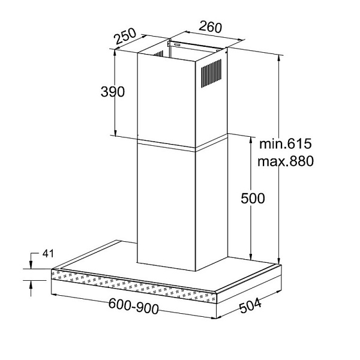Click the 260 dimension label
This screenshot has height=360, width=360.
point(211,27)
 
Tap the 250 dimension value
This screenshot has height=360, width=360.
point(125,36)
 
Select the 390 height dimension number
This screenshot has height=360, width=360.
point(113,92)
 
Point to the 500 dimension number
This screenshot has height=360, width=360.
point(253,198)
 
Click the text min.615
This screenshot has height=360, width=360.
point(286,144)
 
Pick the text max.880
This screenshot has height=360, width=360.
point(286,161)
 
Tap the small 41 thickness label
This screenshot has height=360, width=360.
point(48,253)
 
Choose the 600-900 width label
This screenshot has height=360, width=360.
point(133,306)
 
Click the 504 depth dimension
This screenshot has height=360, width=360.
point(250,305)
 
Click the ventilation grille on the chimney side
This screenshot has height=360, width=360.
point(211,73)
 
